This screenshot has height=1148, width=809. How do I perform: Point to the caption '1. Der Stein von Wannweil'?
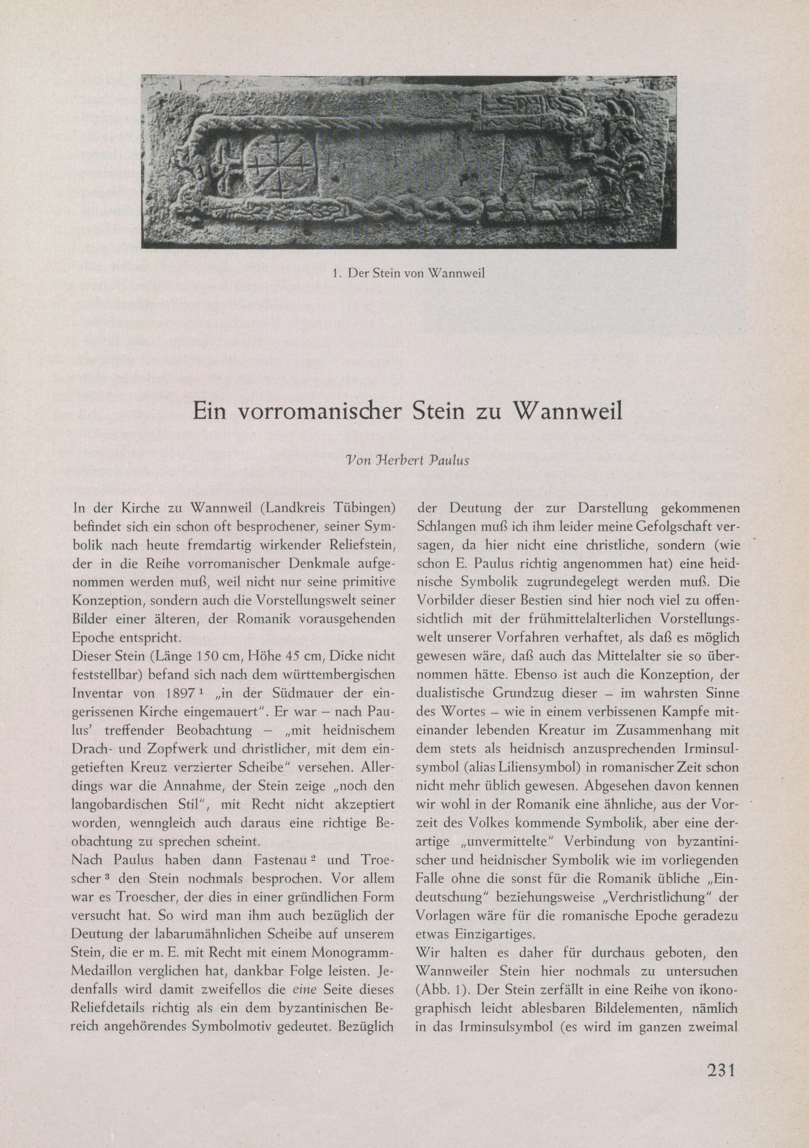point(408,274)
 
